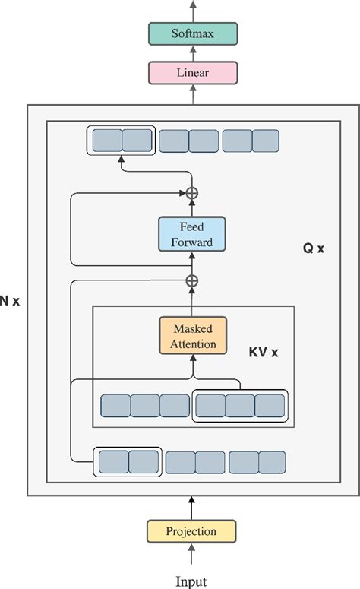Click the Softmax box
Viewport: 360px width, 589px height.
click(x=192, y=34)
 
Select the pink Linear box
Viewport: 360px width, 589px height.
click(x=192, y=73)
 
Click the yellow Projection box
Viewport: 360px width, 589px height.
click(x=191, y=531)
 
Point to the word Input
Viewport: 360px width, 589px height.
click(x=191, y=581)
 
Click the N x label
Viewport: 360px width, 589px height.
click(x=11, y=300)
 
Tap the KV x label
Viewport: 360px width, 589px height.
click(x=264, y=353)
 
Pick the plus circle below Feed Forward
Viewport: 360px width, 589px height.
click(x=192, y=281)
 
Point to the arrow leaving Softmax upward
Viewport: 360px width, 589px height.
click(x=192, y=10)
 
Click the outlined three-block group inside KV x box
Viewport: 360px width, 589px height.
click(x=240, y=405)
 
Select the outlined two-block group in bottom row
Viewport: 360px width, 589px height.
click(x=128, y=461)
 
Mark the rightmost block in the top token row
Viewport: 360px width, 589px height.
click(x=266, y=141)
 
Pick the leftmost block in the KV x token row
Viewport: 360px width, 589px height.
click(x=115, y=405)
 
